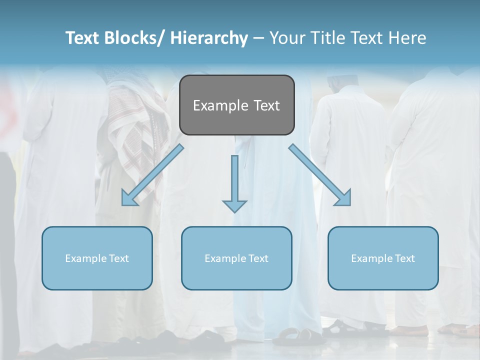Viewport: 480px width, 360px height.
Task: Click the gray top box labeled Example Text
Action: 236,105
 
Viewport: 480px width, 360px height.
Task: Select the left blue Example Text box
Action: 97,258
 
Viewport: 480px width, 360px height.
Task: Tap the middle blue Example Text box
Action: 236,258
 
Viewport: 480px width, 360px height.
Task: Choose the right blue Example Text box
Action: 383,258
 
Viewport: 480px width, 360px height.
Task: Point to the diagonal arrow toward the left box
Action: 152,175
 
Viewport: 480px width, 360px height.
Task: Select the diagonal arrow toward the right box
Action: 320,175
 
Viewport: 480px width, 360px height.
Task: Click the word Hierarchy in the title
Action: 209,38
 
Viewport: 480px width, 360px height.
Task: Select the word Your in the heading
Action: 286,38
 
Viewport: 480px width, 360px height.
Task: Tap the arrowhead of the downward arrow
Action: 234,205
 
